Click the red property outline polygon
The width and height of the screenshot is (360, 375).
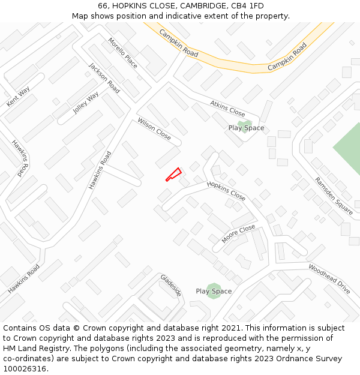pyautogui.click(x=173, y=175)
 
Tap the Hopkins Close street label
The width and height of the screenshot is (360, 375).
pyautogui.click(x=226, y=191)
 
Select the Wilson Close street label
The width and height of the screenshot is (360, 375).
pyautogui.click(x=154, y=128)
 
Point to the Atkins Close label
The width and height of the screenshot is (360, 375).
pyautogui.click(x=227, y=109)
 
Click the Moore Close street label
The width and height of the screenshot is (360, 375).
pyautogui.click(x=238, y=234)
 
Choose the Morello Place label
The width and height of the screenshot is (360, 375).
pyautogui.click(x=122, y=53)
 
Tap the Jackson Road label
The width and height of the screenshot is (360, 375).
pyautogui.click(x=104, y=78)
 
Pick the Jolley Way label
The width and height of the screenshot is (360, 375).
pyautogui.click(x=86, y=103)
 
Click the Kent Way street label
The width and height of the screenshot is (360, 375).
pyautogui.click(x=18, y=97)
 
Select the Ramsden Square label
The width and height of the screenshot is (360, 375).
pyautogui.click(x=334, y=196)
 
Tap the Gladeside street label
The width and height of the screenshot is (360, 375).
pyautogui.click(x=170, y=285)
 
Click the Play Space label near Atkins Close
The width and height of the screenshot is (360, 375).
pyautogui.click(x=246, y=128)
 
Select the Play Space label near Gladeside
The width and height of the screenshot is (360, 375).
pyautogui.click(x=214, y=292)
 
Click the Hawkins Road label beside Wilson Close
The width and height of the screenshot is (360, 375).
pyautogui.click(x=100, y=170)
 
